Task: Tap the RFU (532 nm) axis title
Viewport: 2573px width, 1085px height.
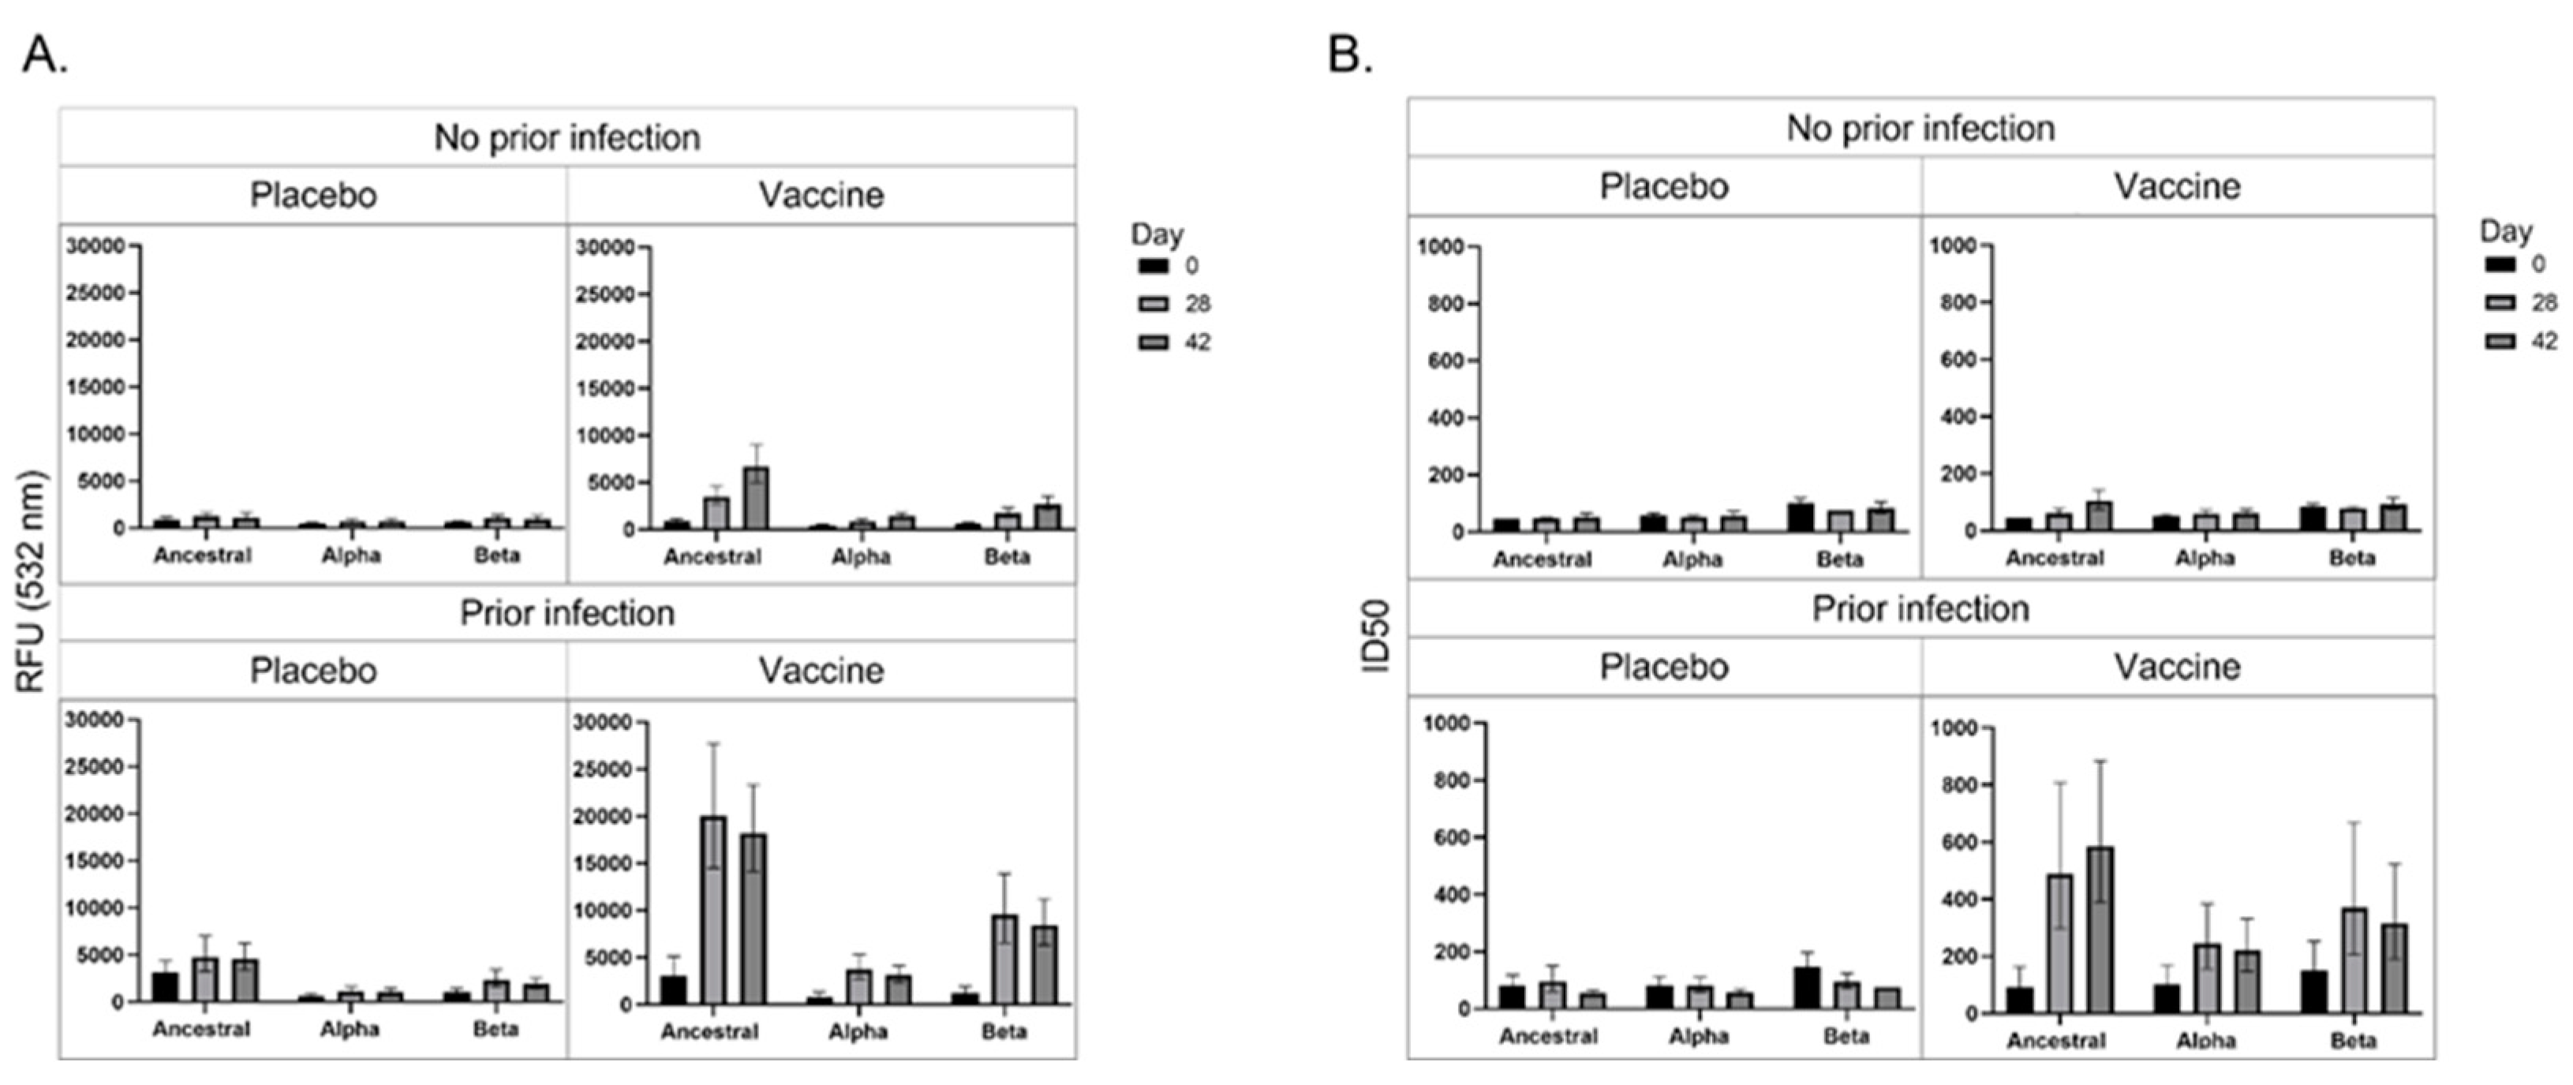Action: pos(32,582)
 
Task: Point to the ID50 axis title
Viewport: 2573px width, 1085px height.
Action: pos(1378,638)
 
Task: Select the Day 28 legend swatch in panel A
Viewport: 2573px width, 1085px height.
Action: pos(1153,304)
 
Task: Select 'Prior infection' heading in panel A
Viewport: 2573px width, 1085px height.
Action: pos(567,612)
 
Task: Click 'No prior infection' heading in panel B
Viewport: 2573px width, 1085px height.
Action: pos(1920,128)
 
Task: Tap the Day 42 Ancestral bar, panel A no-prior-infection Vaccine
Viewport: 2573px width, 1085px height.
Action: pos(756,498)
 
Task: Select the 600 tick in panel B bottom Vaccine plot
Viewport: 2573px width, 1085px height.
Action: pos(1958,842)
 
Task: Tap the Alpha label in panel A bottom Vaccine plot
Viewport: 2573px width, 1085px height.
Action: pos(857,1031)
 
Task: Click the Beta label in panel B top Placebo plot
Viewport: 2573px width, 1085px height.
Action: pos(1839,559)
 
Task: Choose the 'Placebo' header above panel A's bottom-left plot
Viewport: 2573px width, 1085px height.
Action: pos(312,671)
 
